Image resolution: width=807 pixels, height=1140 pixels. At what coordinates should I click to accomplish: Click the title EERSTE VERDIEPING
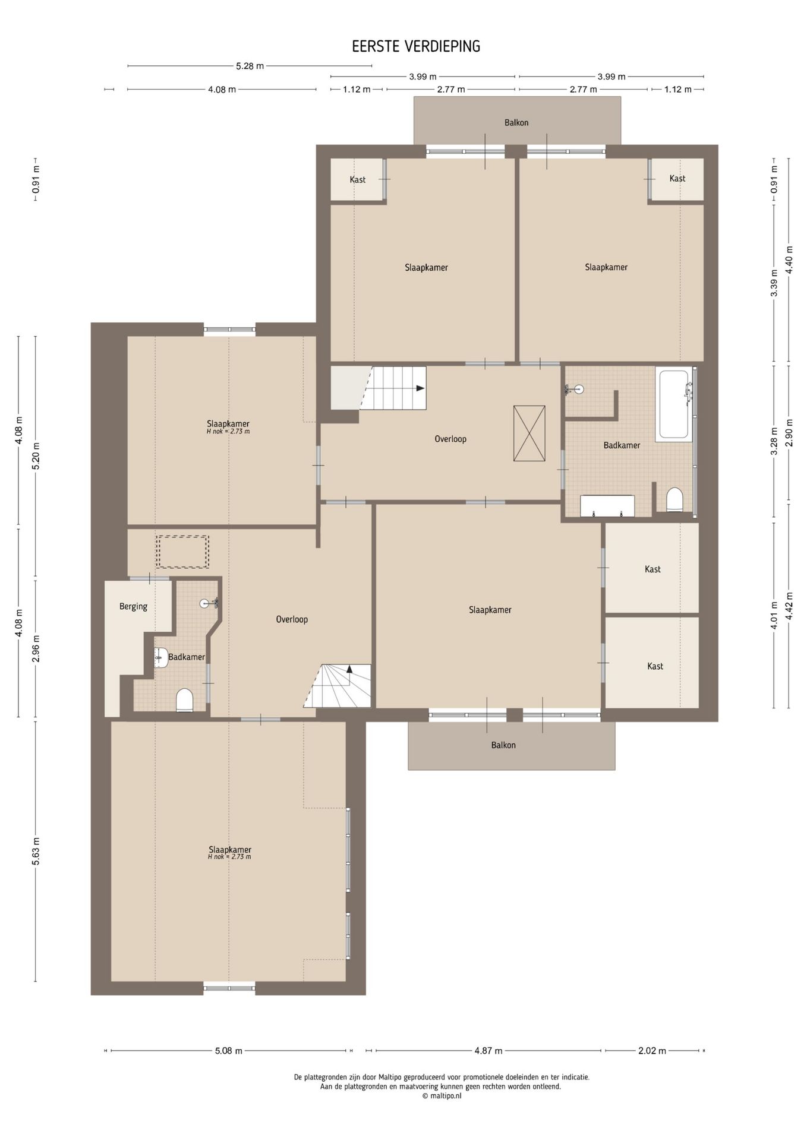point(416,46)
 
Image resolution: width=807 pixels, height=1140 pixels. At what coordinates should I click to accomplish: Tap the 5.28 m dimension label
point(250,66)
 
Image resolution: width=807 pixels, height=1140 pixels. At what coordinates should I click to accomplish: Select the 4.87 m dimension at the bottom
point(488,1050)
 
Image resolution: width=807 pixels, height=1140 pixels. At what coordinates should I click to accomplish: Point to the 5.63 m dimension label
point(36,851)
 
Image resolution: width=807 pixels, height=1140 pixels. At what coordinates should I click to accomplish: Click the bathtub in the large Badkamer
point(674,404)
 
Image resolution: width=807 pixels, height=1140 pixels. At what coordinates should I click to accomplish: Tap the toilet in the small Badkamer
point(185,700)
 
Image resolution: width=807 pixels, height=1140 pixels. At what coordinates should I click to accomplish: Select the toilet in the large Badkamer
point(674,499)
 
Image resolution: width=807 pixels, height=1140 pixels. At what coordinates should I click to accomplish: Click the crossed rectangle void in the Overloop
point(529,433)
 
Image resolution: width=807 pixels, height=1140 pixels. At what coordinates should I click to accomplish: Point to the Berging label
point(133,606)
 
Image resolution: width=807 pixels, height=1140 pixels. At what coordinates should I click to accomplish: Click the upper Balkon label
point(516,123)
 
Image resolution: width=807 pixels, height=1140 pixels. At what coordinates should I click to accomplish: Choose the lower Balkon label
point(503,745)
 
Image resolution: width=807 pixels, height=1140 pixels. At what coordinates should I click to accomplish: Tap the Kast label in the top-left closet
point(358,179)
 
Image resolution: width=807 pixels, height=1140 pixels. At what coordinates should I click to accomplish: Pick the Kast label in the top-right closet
point(677,178)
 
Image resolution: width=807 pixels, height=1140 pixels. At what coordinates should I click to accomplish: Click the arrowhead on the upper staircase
point(421,388)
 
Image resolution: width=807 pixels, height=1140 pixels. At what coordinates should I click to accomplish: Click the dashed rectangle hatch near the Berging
point(183,552)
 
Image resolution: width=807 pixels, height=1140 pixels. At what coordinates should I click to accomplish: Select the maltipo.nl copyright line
point(442,1096)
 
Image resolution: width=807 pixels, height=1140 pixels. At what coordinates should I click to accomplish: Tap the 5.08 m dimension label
point(229,1050)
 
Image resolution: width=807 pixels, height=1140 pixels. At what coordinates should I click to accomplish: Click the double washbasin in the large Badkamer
point(607,506)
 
